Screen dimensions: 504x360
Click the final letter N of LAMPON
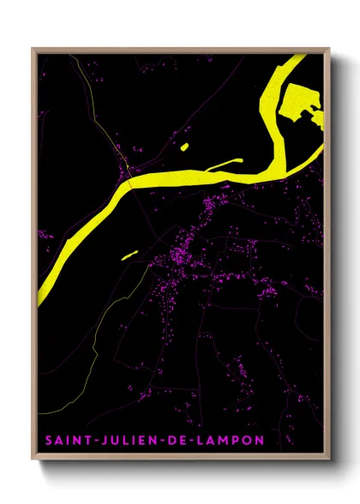coord(259,440)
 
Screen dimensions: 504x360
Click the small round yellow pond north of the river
coord(184,148)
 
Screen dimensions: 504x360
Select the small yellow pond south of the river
coord(129,255)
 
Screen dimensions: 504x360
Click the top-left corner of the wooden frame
coord(33,49)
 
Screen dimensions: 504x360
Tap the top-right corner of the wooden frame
coord(328,49)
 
